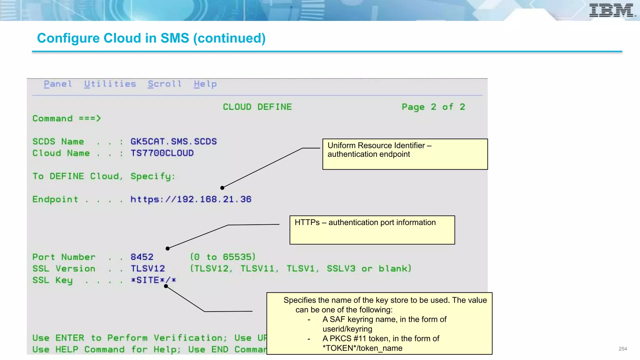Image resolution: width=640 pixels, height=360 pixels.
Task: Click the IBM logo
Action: [612, 10]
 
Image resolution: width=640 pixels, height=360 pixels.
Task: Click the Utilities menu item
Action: [110, 84]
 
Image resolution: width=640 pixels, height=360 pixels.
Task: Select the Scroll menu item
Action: [165, 84]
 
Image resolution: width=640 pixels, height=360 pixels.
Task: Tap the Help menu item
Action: [205, 84]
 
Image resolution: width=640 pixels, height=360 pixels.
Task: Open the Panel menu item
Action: [58, 84]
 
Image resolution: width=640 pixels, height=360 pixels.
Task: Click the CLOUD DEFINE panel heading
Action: [257, 107]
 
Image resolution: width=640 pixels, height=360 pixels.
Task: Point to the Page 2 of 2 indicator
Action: [433, 107]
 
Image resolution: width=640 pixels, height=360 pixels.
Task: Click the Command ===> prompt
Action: [67, 118]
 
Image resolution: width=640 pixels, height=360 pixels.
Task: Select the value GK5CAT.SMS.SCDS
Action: [173, 142]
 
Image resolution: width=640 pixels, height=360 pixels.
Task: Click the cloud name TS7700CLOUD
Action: [162, 153]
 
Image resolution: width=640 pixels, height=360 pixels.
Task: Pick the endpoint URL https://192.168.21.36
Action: [191, 199]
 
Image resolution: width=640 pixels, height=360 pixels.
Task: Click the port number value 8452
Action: [142, 257]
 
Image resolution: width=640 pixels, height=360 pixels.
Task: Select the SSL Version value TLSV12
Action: [147, 269]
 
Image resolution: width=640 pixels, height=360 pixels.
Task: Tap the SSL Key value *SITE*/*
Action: [153, 280]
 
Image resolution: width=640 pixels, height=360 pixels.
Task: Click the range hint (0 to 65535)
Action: [223, 257]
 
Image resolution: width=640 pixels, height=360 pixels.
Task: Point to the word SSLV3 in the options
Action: [341, 269]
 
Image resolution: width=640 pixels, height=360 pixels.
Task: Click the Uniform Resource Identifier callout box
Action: [405, 154]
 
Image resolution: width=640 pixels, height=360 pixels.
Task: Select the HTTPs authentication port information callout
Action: [372, 230]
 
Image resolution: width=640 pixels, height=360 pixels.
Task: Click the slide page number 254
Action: [622, 349]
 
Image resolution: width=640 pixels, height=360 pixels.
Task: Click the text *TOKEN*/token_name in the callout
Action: [362, 348]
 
